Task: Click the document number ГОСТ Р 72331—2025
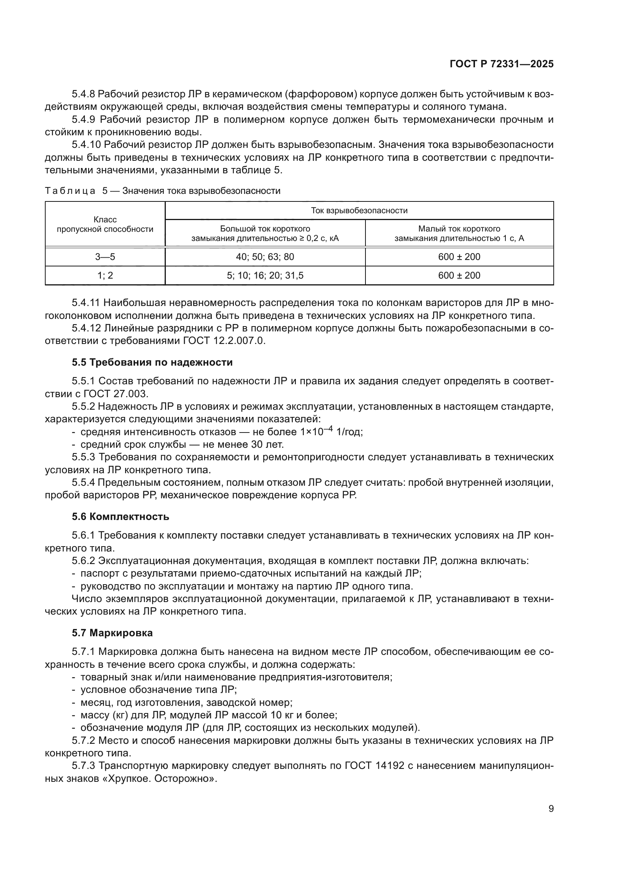pyautogui.click(x=502, y=64)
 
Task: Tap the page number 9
pyautogui.click(x=551, y=809)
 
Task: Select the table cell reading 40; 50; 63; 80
pyautogui.click(x=265, y=257)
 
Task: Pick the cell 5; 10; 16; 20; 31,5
pyautogui.click(x=265, y=275)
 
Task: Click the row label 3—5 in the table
pyautogui.click(x=105, y=257)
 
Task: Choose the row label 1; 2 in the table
pyautogui.click(x=105, y=275)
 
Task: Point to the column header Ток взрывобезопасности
pyautogui.click(x=359, y=211)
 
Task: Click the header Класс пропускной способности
pyautogui.click(x=105, y=225)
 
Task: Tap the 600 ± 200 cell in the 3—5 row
pyautogui.click(x=459, y=257)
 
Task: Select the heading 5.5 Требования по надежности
pyautogui.click(x=152, y=363)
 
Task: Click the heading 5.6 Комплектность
pyautogui.click(x=121, y=517)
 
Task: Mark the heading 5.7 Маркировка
pyautogui.click(x=112, y=633)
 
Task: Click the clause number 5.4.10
pyautogui.click(x=86, y=145)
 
